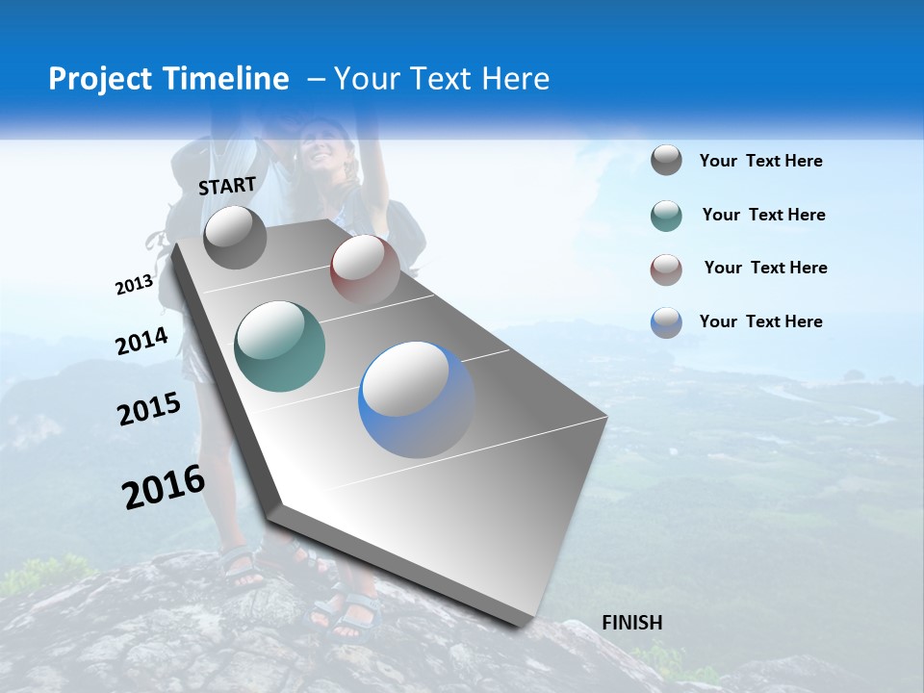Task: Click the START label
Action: (227, 186)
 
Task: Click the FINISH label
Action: (631, 623)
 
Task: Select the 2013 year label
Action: (134, 285)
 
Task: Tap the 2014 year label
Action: (141, 342)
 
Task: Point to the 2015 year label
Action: (149, 409)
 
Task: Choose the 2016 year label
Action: (164, 487)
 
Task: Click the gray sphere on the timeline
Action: (235, 238)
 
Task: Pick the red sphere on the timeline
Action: (365, 269)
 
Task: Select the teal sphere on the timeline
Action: (280, 346)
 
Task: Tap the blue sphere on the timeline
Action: (416, 399)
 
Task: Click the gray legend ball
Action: (666, 161)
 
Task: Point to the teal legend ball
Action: (666, 216)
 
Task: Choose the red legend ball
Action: (666, 269)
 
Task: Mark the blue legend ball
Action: (666, 322)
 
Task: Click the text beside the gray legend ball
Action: (760, 162)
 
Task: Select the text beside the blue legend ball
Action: (760, 321)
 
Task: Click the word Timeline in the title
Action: (230, 79)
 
